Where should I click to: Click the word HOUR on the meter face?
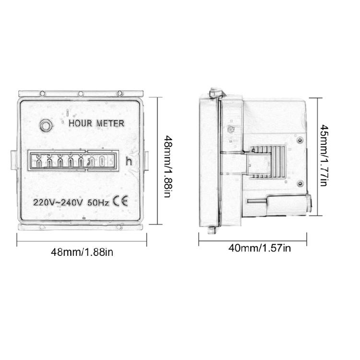pos(81,123)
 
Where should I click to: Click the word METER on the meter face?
pos(110,123)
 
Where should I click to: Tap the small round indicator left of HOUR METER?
pos(46,126)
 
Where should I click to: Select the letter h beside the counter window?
pos(128,162)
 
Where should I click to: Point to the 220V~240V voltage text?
pos(57,202)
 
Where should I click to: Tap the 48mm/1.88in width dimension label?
pos(82,252)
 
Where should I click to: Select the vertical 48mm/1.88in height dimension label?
pos(168,167)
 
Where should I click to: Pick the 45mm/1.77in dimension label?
pos(325,155)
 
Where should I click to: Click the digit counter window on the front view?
pos(72,161)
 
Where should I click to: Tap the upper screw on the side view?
pos(300,139)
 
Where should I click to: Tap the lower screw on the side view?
pos(300,183)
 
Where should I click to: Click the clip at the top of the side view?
pos(215,93)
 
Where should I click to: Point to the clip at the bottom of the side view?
pos(211,230)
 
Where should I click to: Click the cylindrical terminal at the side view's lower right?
pos(288,203)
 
